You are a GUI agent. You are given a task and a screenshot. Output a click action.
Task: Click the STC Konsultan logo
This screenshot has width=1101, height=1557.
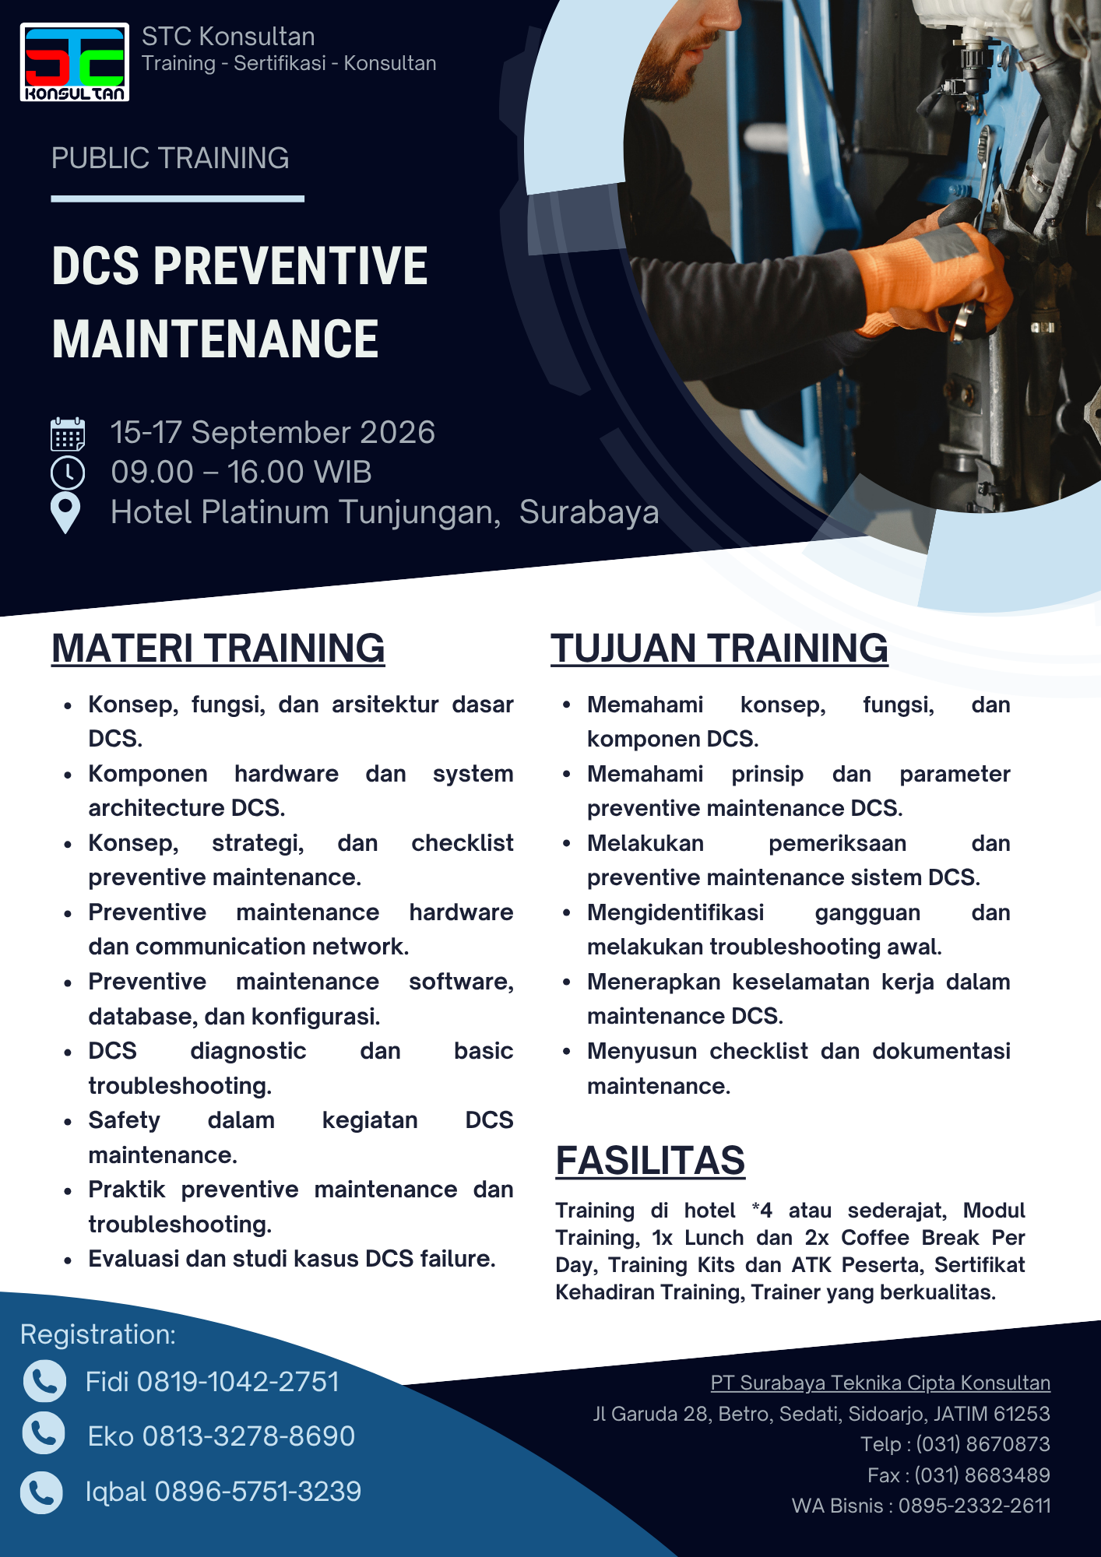(75, 62)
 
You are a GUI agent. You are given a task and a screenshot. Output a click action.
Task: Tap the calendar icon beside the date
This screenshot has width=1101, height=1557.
(68, 434)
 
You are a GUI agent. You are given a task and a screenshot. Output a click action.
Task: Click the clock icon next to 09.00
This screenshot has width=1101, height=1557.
(68, 473)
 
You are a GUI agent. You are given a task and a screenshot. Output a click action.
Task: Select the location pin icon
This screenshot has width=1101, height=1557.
(65, 513)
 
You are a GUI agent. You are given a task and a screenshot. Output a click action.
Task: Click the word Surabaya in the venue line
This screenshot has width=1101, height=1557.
(589, 512)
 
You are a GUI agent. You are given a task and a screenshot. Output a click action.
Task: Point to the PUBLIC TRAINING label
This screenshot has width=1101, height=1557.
(170, 158)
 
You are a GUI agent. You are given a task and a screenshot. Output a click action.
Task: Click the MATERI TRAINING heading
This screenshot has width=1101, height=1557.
(218, 648)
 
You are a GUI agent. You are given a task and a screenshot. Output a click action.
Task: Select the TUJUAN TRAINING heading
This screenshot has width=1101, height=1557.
(719, 648)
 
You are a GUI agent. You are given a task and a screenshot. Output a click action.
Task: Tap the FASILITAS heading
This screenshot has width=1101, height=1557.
(650, 1161)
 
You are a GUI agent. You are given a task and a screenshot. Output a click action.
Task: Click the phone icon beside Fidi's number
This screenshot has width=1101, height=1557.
(44, 1381)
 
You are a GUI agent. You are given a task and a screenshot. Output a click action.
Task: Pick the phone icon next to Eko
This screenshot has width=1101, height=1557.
(44, 1433)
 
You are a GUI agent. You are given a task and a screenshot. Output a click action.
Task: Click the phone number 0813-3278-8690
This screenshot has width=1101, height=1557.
(248, 1436)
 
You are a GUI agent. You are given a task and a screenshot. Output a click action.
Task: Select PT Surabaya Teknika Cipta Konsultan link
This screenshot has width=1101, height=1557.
(881, 1383)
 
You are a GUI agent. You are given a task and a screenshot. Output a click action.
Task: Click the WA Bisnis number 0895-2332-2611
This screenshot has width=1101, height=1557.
(975, 1506)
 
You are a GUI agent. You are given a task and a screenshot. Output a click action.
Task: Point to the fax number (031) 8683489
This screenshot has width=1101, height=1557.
(983, 1475)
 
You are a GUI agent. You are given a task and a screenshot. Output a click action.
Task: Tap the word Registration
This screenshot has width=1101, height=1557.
(97, 1334)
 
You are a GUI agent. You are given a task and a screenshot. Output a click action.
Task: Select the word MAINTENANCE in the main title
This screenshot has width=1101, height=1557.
(215, 339)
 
